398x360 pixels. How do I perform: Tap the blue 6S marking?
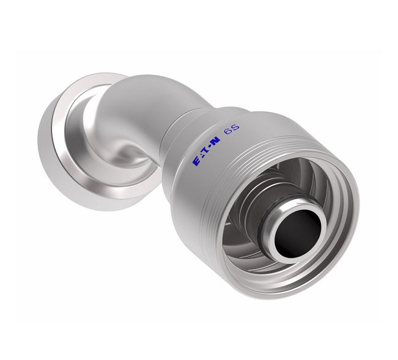pos(232,143)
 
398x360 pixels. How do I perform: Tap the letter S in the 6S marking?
pos(236,141)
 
